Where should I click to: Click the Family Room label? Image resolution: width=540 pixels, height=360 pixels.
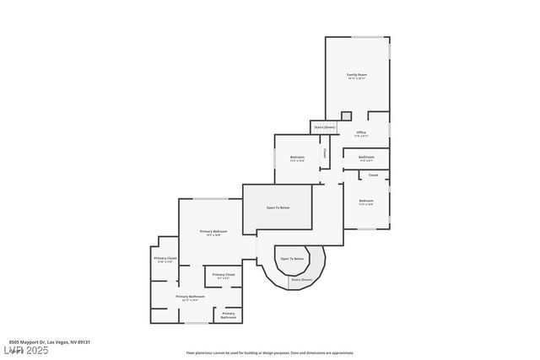click(x=357, y=75)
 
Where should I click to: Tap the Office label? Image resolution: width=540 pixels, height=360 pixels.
click(x=361, y=132)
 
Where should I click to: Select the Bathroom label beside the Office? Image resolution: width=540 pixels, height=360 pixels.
click(x=366, y=157)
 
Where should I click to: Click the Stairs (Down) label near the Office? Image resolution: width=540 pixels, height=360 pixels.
click(x=324, y=127)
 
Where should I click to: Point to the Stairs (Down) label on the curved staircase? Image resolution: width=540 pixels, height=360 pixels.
click(x=301, y=279)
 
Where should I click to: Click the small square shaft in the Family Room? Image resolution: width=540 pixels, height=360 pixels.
click(x=346, y=116)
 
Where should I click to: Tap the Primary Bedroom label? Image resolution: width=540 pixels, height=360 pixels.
click(x=213, y=231)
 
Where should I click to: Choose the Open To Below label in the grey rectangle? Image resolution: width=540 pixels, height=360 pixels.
click(x=278, y=207)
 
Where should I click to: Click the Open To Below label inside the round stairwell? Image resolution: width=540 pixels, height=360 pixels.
click(x=292, y=259)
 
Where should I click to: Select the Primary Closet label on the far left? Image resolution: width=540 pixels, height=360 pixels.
click(x=165, y=258)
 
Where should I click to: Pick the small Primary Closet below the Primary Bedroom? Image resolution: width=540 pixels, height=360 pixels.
click(x=224, y=275)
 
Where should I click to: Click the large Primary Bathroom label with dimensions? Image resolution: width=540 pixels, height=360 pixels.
click(x=191, y=297)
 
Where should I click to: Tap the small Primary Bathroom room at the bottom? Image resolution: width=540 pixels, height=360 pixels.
click(x=229, y=315)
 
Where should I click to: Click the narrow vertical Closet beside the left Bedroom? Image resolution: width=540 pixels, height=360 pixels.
click(x=325, y=154)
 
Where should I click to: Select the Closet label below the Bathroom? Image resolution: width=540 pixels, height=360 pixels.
click(x=373, y=175)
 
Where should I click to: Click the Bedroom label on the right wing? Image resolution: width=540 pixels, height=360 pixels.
click(x=365, y=201)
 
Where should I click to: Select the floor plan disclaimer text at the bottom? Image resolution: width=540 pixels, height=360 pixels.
click(x=270, y=353)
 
